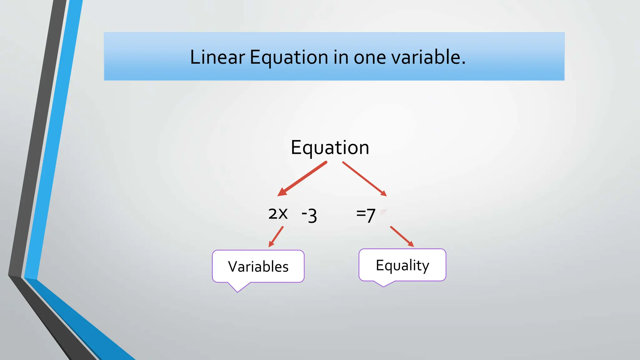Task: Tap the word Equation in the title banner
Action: point(289,58)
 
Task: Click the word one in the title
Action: point(369,58)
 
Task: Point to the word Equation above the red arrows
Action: point(330,147)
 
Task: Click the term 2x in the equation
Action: point(278,214)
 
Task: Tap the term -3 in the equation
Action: point(309,215)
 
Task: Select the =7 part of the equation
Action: point(366,215)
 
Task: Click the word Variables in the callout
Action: point(258,267)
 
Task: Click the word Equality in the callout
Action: point(402,265)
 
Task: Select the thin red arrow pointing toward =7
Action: point(365,179)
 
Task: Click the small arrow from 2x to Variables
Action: point(276,237)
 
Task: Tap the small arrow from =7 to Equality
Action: point(402,237)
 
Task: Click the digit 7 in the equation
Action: point(371,216)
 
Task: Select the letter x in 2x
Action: point(283,214)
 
